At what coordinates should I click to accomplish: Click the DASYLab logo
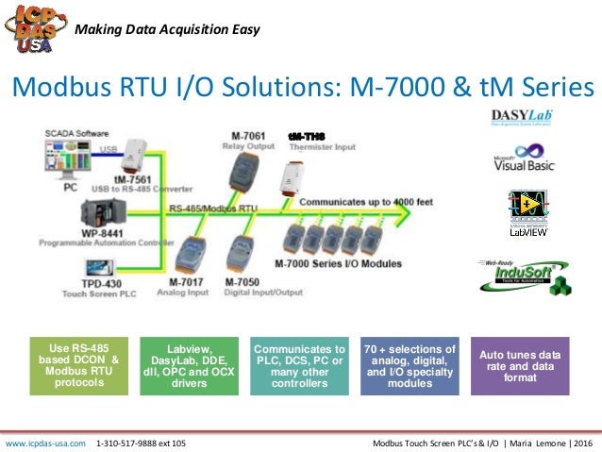click(522, 119)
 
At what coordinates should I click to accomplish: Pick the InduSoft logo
click(522, 276)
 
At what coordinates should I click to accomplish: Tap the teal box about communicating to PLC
click(301, 365)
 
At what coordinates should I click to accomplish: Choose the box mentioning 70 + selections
click(410, 365)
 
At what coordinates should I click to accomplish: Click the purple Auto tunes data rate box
click(520, 365)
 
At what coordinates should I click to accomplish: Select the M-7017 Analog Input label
click(189, 285)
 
